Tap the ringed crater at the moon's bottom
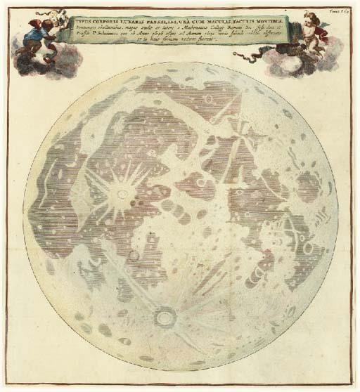166,318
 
